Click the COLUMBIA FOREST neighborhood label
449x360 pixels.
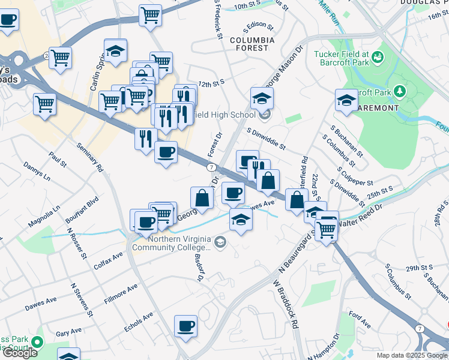tap(252, 46)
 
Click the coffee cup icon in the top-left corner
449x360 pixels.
tap(7, 19)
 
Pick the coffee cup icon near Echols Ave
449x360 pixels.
tap(185, 326)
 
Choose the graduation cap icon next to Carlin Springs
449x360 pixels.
tap(115, 50)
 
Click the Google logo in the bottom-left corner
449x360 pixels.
tap(20, 352)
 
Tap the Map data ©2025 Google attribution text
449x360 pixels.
tap(412, 355)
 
